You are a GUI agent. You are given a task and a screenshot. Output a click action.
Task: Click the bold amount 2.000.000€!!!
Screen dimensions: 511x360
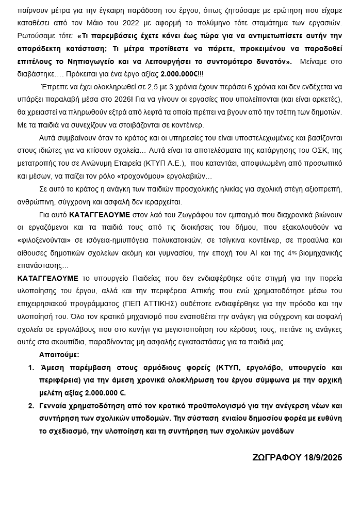183,74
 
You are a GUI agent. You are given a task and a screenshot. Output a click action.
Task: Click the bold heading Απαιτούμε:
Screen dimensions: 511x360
59,355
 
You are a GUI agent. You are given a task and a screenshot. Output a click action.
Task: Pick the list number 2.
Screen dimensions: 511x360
31,406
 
